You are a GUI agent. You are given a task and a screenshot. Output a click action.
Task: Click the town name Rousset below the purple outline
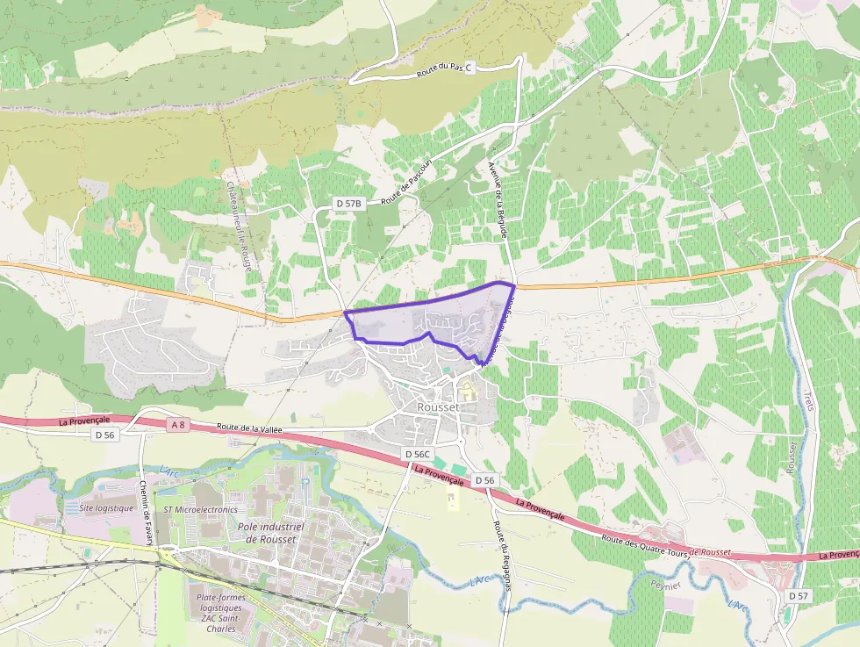click(x=437, y=408)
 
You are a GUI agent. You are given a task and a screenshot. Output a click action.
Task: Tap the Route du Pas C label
click(x=445, y=68)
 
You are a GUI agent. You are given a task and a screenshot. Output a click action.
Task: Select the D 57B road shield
click(x=349, y=204)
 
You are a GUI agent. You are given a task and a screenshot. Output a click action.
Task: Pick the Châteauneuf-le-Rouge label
click(x=240, y=226)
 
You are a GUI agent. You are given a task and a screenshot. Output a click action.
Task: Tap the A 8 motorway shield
click(x=178, y=425)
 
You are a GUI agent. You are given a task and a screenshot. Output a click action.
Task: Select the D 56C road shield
click(x=417, y=454)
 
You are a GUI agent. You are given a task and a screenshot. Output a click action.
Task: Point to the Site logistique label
click(x=106, y=507)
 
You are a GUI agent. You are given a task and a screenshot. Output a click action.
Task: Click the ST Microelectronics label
click(x=200, y=509)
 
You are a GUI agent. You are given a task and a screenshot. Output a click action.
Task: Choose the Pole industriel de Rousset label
click(x=270, y=533)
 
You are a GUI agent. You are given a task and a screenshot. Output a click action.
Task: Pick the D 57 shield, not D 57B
click(x=798, y=595)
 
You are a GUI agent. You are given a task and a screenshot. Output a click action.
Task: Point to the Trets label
click(x=806, y=404)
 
